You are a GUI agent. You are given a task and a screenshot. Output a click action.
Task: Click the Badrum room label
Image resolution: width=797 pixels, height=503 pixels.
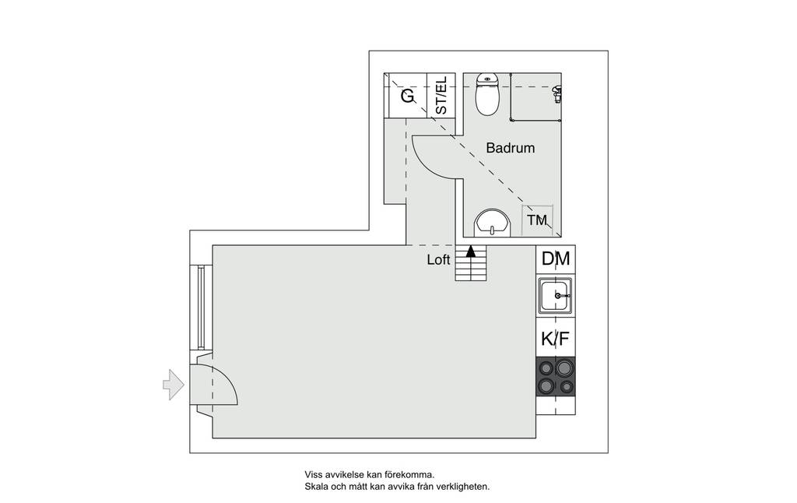click(x=511, y=148)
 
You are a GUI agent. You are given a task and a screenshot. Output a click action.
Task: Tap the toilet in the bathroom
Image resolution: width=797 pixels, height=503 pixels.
click(x=487, y=94)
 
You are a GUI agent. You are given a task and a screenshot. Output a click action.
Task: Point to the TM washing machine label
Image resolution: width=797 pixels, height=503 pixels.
click(x=537, y=220)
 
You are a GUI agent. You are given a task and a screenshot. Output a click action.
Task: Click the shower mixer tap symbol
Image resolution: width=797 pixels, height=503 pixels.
click(x=557, y=93)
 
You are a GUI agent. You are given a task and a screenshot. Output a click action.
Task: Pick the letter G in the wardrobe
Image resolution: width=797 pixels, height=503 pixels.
click(x=408, y=96)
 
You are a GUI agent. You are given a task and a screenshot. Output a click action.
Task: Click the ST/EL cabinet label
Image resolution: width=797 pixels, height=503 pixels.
click(x=441, y=95)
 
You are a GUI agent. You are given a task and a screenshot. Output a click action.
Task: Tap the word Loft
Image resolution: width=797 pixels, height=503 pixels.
click(x=438, y=260)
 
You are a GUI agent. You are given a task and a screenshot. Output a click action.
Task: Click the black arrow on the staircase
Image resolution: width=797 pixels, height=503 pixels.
click(x=471, y=251)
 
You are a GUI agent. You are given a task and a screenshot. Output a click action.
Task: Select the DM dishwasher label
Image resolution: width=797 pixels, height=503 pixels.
click(x=556, y=259)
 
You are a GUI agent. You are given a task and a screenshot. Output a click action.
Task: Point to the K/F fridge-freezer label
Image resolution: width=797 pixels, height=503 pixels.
click(x=555, y=339)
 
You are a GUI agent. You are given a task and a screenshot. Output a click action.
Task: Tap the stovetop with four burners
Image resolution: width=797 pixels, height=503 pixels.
click(x=556, y=377)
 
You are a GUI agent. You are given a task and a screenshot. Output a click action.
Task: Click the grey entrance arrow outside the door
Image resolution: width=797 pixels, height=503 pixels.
click(x=174, y=385)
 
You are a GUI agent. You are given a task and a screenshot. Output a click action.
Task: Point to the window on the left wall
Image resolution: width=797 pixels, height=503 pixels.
click(x=201, y=308)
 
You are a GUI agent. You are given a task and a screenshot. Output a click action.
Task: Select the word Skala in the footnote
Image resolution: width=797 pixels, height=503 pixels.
click(x=315, y=487)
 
